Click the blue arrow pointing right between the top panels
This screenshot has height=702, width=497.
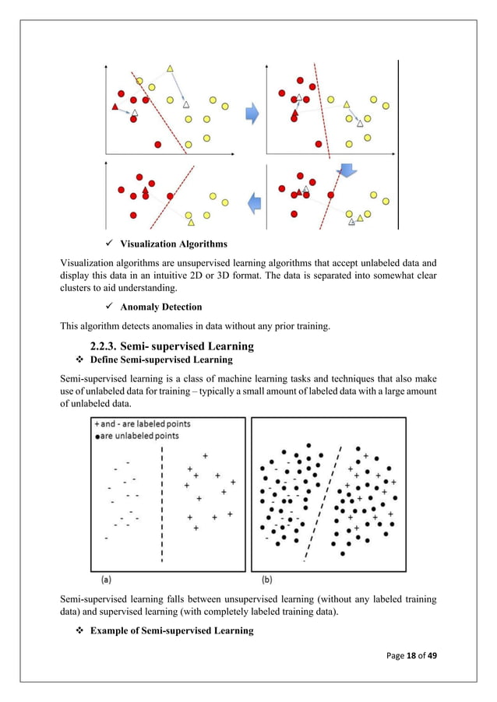click(252, 114)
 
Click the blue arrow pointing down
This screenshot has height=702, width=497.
click(346, 170)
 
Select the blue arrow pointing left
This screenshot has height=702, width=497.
click(252, 204)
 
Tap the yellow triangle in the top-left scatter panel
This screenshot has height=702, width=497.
click(169, 69)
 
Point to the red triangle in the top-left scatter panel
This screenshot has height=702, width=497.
click(115, 106)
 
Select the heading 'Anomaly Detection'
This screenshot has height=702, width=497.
click(160, 307)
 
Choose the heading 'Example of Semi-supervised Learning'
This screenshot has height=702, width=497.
click(171, 630)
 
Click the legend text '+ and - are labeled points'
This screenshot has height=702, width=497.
click(142, 424)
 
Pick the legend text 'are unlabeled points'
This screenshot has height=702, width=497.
click(139, 436)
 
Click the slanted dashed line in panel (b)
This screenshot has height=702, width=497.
click(321, 506)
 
